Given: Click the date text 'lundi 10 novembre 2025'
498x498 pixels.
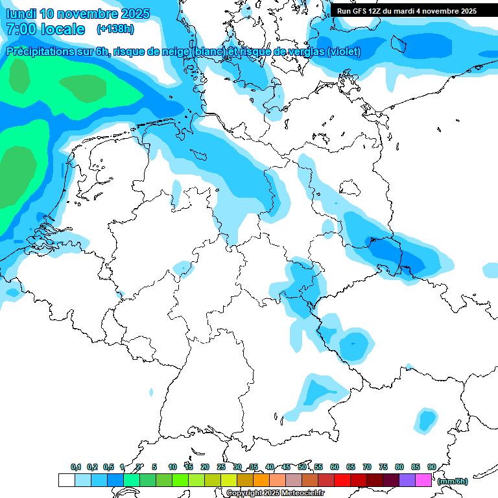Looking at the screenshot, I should pyautogui.click(x=78, y=14).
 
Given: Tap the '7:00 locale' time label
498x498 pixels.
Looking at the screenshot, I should pyautogui.click(x=45, y=29).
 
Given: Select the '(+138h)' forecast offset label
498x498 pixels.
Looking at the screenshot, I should pyautogui.click(x=115, y=29).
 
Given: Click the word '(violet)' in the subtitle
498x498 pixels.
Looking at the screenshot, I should pyautogui.click(x=344, y=52).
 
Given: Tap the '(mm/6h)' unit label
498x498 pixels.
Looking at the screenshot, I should pyautogui.click(x=453, y=481).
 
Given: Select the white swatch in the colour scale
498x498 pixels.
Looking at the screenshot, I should pyautogui.click(x=66, y=480).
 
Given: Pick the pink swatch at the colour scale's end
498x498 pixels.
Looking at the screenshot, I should pyautogui.click(x=423, y=480).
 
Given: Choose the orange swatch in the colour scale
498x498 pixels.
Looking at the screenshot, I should pyautogui.click(x=261, y=480).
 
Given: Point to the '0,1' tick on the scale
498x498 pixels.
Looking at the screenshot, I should pyautogui.click(x=76, y=467).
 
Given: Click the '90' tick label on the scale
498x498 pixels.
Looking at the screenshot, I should pyautogui.click(x=432, y=467).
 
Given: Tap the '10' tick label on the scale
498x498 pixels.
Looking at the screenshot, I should pyautogui.click(x=172, y=467).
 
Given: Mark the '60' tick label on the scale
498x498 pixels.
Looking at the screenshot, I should pyautogui.click(x=335, y=467).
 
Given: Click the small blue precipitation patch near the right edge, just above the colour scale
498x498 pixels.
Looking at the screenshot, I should pyautogui.click(x=427, y=421).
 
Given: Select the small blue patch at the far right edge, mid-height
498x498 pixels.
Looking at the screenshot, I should pyautogui.click(x=491, y=268).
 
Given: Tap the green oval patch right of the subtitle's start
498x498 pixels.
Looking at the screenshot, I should pyautogui.click(x=83, y=88).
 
